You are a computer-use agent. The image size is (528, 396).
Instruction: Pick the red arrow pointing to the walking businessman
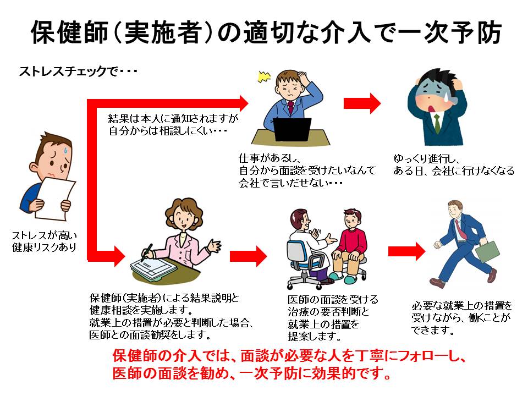(x=406, y=251)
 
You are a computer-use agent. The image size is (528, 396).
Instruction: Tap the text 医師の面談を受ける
(x=333, y=300)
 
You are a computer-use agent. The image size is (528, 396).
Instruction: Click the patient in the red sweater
(x=352, y=242)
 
